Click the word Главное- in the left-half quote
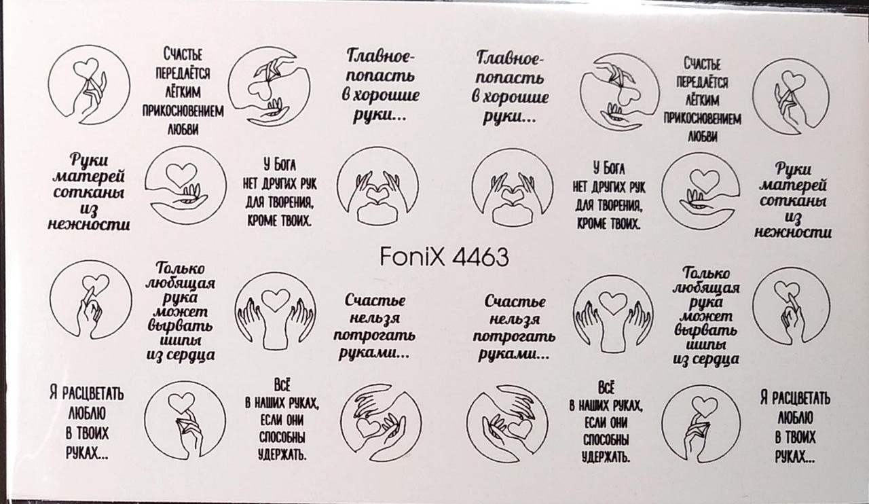tap(380, 56)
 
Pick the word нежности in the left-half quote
tap(89, 225)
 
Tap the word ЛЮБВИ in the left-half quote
tap(183, 129)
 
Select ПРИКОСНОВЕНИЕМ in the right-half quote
tap(702, 118)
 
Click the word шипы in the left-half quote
tap(181, 341)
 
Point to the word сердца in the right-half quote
tap(715, 360)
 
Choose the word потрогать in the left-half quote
tap(374, 335)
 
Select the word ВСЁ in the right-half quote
tap(606, 388)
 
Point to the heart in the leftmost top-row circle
tap(86, 67)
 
